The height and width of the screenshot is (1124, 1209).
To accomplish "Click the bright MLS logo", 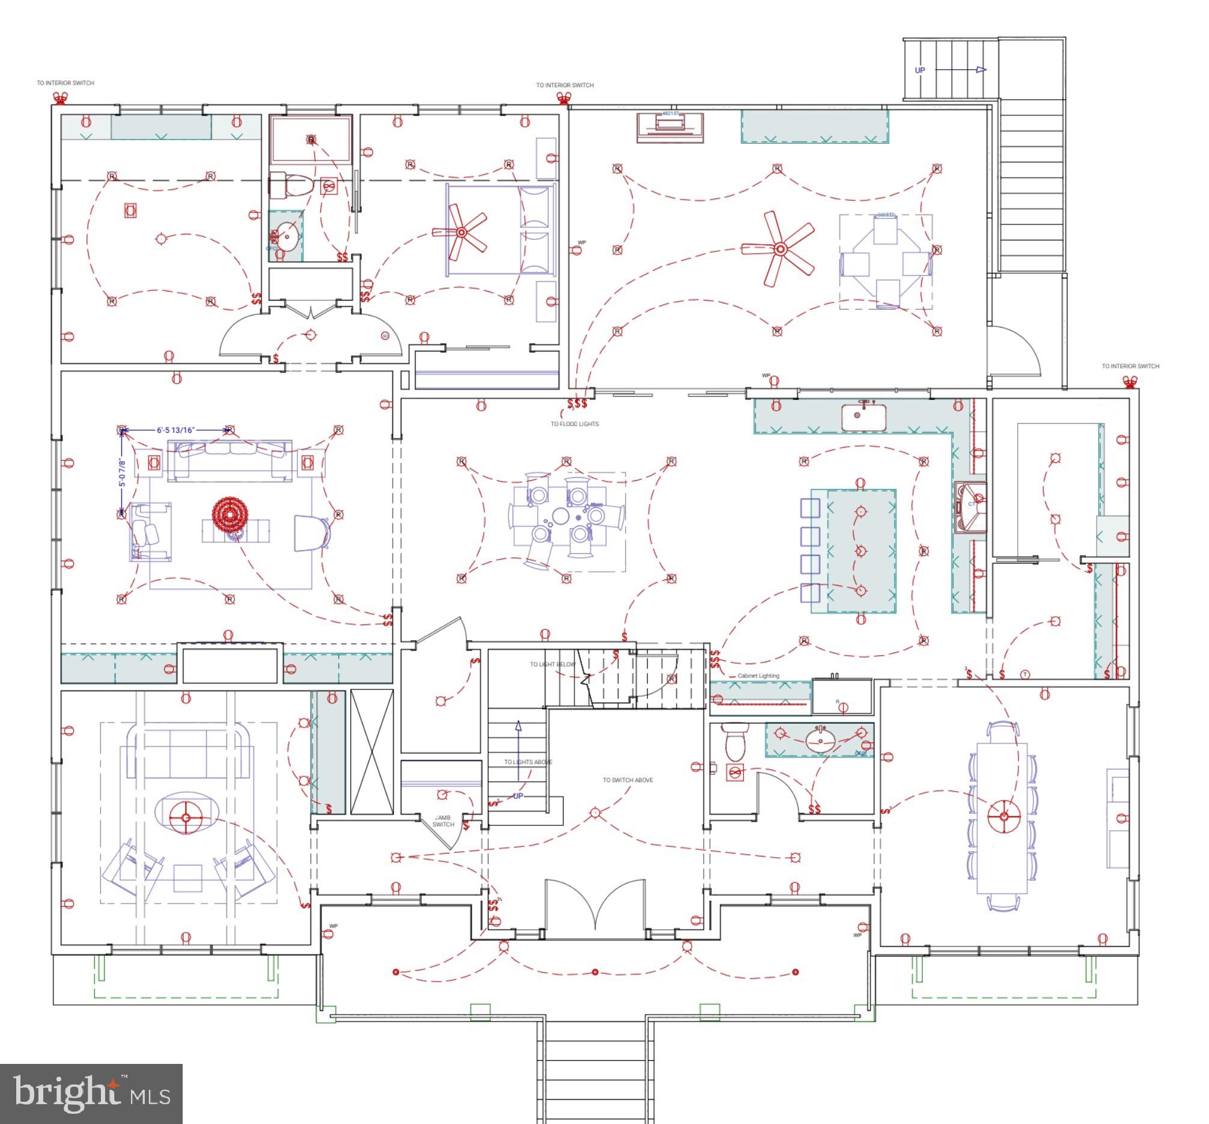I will [91, 1092].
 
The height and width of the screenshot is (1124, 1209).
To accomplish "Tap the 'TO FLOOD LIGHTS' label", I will [574, 424].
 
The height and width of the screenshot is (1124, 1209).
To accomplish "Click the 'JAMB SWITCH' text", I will [443, 821].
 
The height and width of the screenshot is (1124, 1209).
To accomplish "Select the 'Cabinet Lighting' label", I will [758, 676].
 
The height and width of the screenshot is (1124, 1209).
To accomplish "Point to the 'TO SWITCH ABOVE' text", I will [627, 780].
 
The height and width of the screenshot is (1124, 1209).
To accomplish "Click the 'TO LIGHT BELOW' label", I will [552, 664].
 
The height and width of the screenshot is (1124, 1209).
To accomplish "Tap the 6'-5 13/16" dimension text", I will [175, 430].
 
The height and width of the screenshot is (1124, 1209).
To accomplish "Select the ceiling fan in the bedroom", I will [461, 233].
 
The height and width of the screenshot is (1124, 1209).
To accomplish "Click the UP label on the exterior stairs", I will [919, 70].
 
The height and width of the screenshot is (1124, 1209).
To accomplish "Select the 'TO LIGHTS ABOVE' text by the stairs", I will [528, 762].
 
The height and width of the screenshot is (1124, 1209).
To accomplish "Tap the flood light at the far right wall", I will [1129, 382].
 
